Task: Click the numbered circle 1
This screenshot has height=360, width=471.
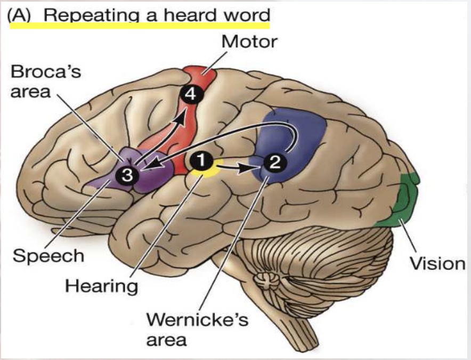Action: pos(200,159)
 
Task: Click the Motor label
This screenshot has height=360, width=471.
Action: pos(249,41)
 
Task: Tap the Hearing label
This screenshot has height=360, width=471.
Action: pos(101,286)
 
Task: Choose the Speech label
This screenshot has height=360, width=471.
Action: pos(48,256)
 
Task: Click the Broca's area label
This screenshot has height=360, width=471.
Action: pos(46,81)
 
